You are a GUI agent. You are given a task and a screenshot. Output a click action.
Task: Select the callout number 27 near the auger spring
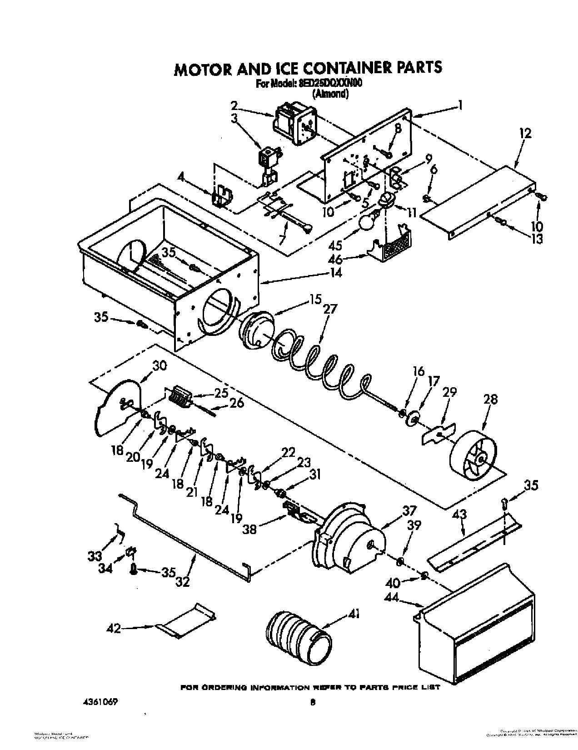[330, 309]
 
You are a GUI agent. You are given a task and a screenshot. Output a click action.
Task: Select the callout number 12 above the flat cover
[525, 134]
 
